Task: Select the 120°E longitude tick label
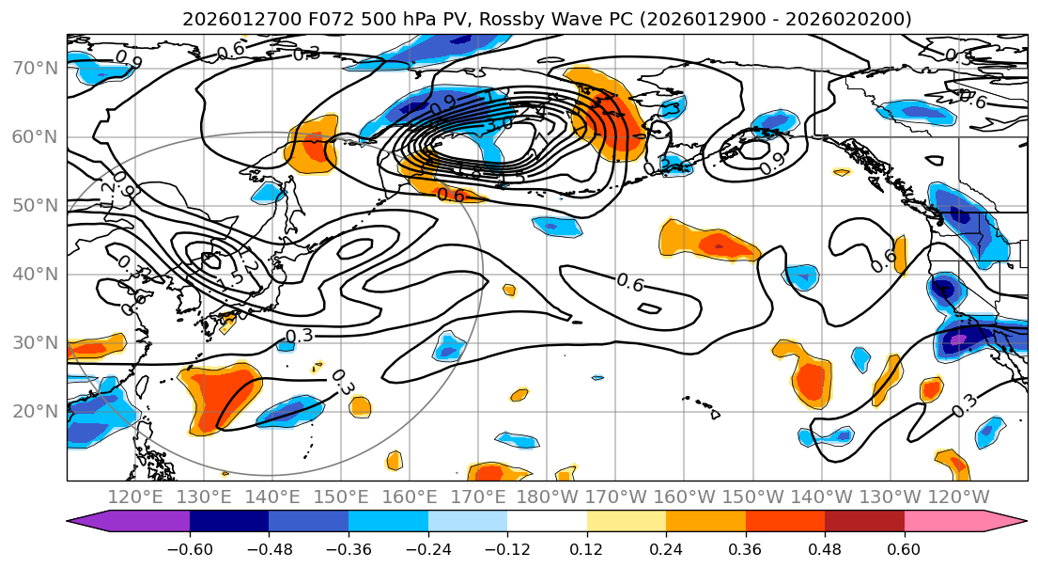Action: click(135, 496)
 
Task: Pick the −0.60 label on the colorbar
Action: click(190, 547)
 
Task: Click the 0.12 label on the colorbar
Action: click(587, 547)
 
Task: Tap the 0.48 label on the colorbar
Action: click(825, 547)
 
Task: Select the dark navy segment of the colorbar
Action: click(229, 521)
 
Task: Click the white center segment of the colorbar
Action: click(547, 521)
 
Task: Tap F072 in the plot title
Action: click(310, 19)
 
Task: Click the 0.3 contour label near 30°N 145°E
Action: click(300, 336)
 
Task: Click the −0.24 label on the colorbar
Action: click(428, 547)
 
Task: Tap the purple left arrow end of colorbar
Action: click(83, 521)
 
